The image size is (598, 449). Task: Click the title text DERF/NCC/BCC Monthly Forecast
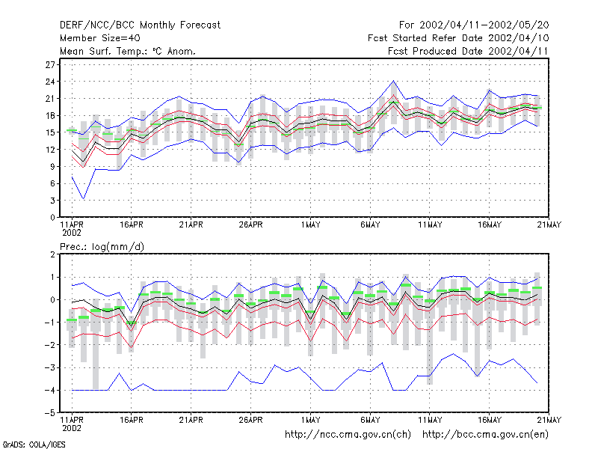(x=140, y=25)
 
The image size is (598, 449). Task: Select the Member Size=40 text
(x=100, y=38)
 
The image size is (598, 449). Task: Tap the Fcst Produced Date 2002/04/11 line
(x=468, y=51)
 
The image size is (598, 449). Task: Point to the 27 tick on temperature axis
(x=50, y=65)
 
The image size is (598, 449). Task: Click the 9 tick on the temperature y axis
(x=52, y=166)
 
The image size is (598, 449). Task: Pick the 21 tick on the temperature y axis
(x=50, y=99)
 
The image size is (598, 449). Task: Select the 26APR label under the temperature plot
(x=250, y=225)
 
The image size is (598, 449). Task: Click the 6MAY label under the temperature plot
(x=370, y=225)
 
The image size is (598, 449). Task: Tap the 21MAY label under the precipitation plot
(x=549, y=420)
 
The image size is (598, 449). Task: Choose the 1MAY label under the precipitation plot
(x=310, y=420)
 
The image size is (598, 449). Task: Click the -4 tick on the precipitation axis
(x=49, y=390)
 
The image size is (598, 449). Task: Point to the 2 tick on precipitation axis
(x=52, y=254)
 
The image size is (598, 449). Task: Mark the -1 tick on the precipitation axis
(x=49, y=323)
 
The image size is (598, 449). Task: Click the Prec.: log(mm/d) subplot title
(x=102, y=247)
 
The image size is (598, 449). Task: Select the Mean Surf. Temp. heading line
(x=128, y=51)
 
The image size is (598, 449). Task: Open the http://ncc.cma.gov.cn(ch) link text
(x=348, y=435)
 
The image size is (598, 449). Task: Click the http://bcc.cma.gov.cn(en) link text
(x=485, y=435)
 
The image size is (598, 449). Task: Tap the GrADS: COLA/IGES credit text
(x=34, y=445)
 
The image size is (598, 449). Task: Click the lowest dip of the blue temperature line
(x=84, y=199)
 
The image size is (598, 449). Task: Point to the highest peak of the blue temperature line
(x=394, y=81)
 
